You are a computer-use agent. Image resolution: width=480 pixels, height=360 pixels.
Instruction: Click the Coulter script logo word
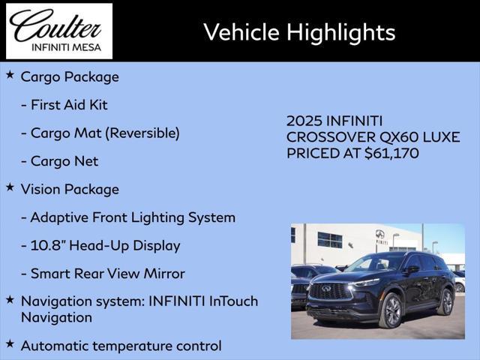point(55,25)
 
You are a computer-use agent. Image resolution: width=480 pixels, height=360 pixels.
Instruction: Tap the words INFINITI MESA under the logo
point(67,48)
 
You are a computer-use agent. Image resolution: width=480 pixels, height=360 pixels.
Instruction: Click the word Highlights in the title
point(341,33)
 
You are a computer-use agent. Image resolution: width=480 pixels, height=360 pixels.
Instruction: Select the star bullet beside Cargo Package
point(10,74)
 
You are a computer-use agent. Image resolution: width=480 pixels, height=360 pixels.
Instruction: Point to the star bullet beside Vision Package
point(10,187)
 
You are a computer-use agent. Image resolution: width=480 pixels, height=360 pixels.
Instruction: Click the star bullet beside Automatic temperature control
point(10,343)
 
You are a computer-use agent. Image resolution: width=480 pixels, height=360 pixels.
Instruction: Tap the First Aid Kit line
point(64,105)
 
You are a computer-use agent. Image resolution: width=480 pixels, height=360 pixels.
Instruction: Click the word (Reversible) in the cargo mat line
point(142,133)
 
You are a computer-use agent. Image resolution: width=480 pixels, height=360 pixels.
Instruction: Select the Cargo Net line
point(60,161)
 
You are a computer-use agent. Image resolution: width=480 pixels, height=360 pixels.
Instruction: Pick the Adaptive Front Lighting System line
point(128,218)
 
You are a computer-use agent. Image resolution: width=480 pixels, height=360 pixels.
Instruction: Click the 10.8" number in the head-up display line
point(48,245)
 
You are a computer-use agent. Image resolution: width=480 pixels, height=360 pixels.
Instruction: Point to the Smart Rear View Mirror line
point(103,274)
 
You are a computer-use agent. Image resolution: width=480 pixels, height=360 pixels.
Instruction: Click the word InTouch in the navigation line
point(233,301)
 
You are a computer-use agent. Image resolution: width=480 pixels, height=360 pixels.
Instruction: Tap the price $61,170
point(391,153)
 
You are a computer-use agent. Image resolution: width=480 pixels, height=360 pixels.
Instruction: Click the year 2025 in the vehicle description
point(304,121)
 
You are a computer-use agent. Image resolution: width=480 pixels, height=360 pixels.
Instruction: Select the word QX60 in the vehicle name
point(399,136)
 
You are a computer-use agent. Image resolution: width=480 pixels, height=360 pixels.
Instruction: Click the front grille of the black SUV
point(330,290)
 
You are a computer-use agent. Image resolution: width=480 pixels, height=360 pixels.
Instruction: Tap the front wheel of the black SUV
point(391,310)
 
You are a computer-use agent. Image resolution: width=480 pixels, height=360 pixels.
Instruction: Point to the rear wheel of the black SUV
point(445,301)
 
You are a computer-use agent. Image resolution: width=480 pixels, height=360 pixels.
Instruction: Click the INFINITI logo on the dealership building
point(380,234)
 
